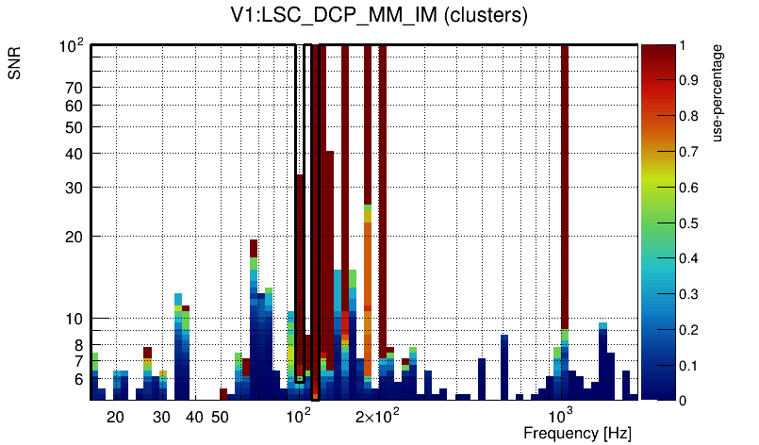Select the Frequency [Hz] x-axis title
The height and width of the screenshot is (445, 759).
pyautogui.click(x=577, y=433)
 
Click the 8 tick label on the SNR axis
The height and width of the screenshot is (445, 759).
pyautogui.click(x=79, y=345)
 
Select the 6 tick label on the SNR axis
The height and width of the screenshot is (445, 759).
pyautogui.click(x=79, y=379)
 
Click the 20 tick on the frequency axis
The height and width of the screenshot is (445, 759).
pyautogui.click(x=115, y=417)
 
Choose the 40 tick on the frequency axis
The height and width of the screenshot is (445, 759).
pyautogui.click(x=194, y=417)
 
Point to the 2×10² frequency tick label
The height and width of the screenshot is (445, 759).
pyautogui.click(x=378, y=416)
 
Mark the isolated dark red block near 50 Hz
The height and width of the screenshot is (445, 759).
pyautogui.click(x=223, y=394)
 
